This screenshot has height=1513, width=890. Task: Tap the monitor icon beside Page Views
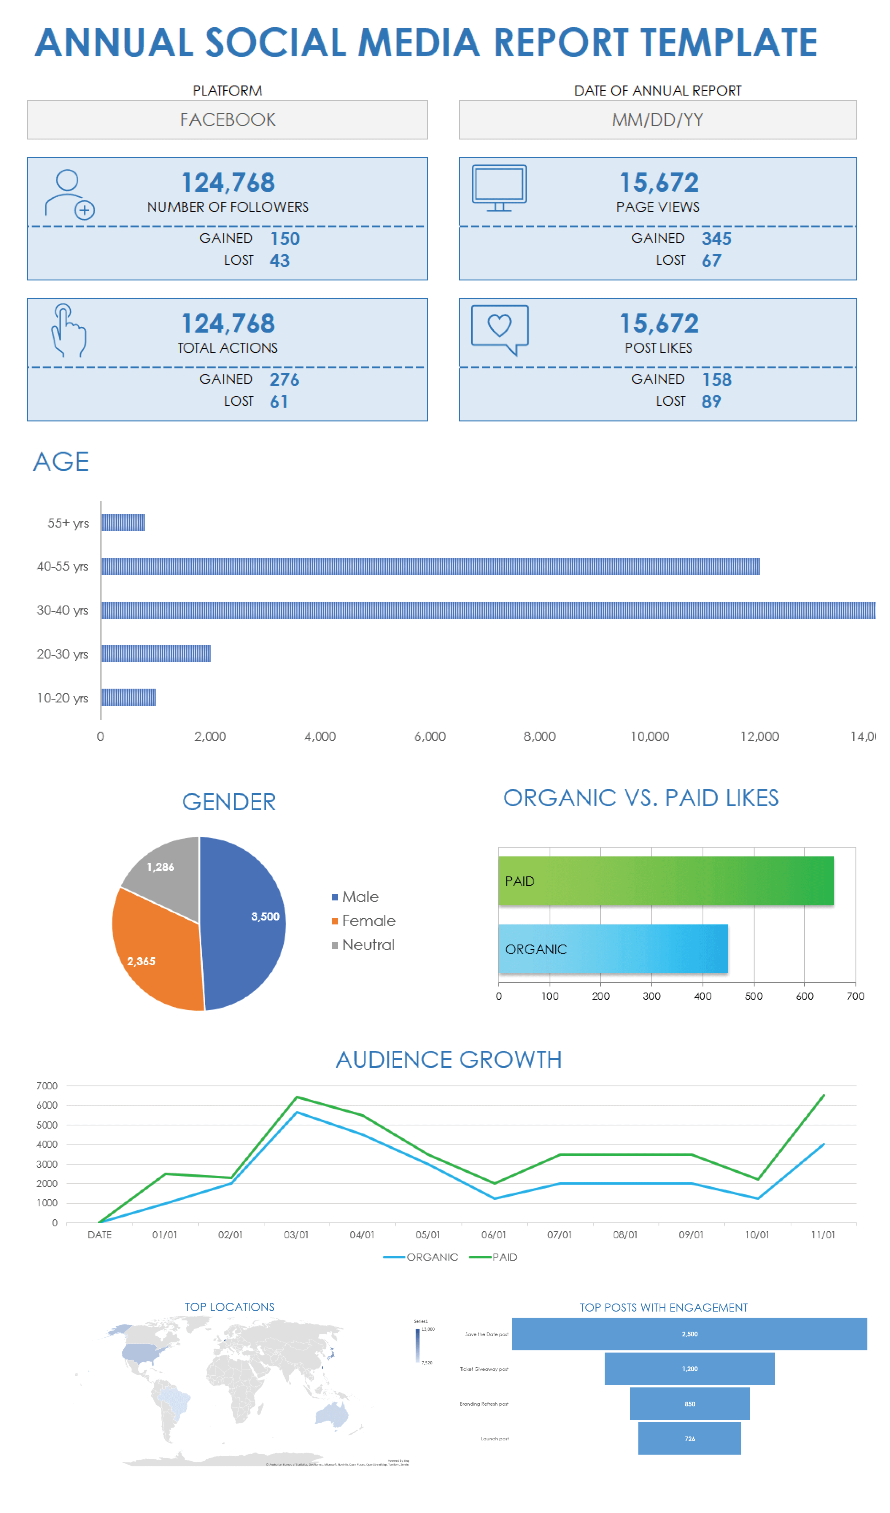[499, 188]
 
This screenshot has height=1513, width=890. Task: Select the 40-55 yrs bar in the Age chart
[430, 566]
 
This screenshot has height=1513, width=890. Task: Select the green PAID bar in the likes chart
[665, 881]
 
